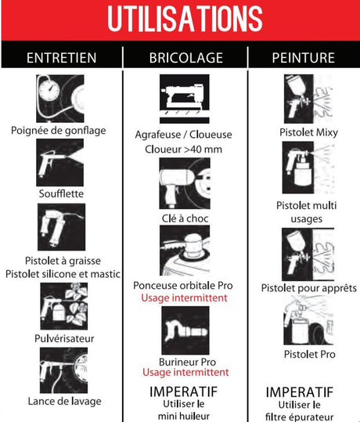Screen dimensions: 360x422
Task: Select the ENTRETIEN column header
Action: tap(62, 58)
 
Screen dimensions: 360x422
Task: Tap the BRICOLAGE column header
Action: tap(186, 58)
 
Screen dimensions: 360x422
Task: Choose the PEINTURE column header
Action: tap(304, 58)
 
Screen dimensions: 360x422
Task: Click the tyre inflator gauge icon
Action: tap(60, 99)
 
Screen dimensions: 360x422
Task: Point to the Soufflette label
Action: tap(61, 193)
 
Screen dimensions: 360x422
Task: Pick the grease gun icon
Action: tap(61, 227)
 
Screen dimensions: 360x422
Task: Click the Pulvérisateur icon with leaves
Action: tap(64, 306)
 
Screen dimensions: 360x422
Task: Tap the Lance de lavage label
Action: tap(65, 402)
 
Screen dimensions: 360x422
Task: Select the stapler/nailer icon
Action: tap(185, 99)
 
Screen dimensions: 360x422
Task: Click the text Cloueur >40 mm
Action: tap(183, 150)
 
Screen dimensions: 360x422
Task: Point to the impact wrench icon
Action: tap(185, 183)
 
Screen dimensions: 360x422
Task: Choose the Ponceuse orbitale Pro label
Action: tap(183, 286)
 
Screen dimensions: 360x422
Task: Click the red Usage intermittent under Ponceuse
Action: tap(185, 298)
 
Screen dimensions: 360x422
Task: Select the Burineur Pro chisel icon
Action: tap(185, 330)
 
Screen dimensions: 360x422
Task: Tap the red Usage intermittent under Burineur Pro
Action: tap(185, 372)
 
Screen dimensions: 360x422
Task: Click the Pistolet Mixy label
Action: tap(308, 132)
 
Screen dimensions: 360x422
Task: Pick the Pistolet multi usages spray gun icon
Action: tap(308, 168)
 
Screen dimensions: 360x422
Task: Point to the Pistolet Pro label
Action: tap(310, 354)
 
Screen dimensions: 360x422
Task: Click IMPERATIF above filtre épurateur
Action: tap(300, 392)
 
